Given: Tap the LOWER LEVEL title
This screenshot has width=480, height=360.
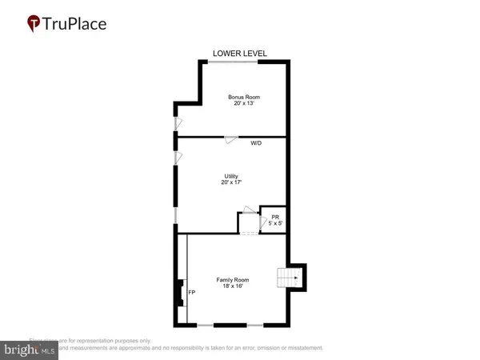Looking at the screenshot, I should click(x=239, y=54).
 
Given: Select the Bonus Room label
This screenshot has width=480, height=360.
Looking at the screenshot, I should click(x=243, y=97).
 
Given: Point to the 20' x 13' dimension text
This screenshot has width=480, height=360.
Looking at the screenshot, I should click(x=243, y=104).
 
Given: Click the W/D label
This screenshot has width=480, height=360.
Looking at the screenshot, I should click(x=257, y=143).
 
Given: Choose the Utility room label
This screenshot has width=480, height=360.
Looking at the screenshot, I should click(x=232, y=176).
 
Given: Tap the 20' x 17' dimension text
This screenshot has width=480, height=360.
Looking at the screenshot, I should click(x=232, y=183).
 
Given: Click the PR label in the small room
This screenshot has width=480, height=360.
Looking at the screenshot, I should click(x=274, y=217).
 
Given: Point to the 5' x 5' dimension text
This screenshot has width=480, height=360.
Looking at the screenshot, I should click(x=274, y=223).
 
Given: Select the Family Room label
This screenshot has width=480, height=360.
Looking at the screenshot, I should click(x=233, y=280).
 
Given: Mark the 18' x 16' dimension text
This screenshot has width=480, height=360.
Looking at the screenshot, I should click(x=233, y=286).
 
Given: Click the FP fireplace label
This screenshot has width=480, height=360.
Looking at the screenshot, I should click(x=191, y=293).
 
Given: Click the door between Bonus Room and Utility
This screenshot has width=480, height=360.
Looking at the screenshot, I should click(x=230, y=139).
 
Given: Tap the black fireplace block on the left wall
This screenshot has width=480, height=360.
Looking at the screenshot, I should click(x=178, y=293).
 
